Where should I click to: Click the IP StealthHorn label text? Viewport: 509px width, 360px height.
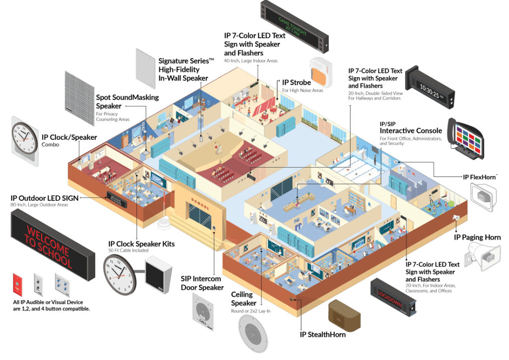tap(323, 335)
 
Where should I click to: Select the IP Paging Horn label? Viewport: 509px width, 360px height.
tap(477, 237)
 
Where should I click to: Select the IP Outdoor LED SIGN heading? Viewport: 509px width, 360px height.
tap(44, 198)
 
